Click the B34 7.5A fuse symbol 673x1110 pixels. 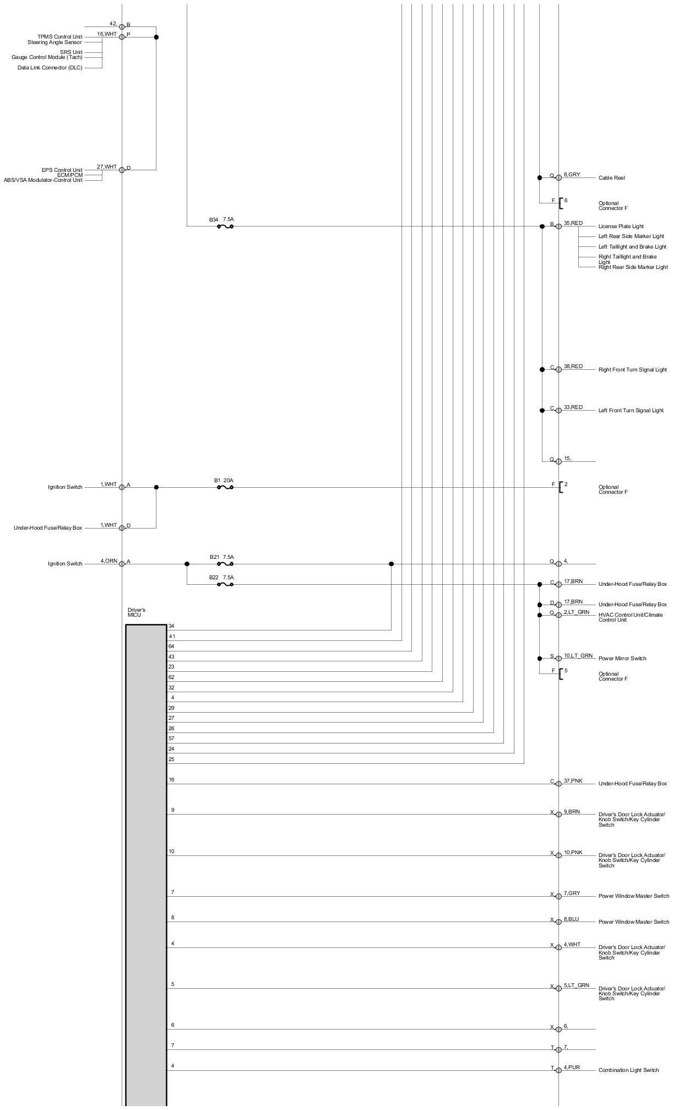[x=225, y=227]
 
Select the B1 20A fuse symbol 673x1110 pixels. [x=225, y=488]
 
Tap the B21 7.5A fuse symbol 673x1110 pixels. [x=225, y=564]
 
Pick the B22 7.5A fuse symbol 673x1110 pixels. [x=225, y=585]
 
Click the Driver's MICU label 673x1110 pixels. [x=136, y=612]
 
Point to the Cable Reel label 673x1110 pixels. [x=611, y=178]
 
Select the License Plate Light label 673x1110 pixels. [x=621, y=227]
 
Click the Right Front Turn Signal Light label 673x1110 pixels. [x=632, y=370]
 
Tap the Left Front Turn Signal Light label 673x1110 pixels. [x=631, y=411]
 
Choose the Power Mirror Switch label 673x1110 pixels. [x=622, y=659]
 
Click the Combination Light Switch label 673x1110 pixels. [x=628, y=1070]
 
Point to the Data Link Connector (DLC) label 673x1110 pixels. [x=50, y=68]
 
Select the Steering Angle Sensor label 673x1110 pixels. [x=55, y=42]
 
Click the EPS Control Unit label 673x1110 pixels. [x=62, y=170]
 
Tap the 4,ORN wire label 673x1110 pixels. [x=108, y=561]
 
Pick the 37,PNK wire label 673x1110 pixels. [x=573, y=781]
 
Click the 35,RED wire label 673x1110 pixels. [x=573, y=223]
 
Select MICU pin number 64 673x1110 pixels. [x=171, y=646]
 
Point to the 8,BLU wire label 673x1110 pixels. [x=571, y=919]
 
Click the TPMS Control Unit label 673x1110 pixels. [x=59, y=37]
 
